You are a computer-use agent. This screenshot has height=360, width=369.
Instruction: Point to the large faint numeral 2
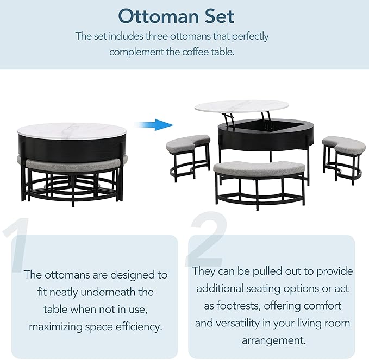pyautogui.click(x=209, y=239)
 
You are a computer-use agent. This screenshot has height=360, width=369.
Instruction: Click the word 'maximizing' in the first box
pyautogui.click(x=60, y=327)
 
